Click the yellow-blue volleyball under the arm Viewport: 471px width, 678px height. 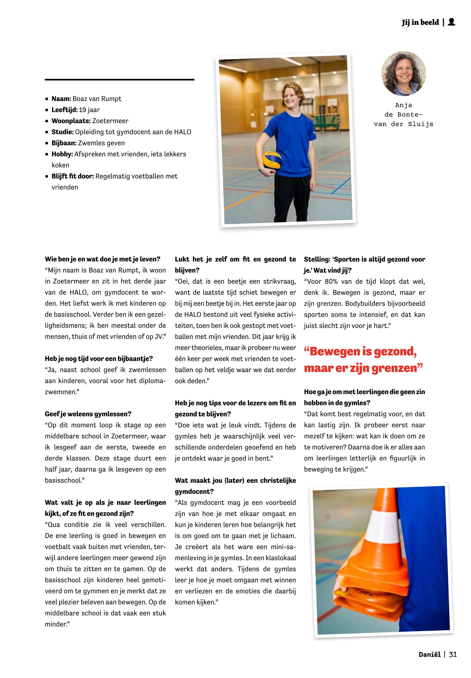[272, 160]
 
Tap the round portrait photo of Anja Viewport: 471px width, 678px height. [403, 74]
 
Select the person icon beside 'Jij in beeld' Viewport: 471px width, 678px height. [451, 22]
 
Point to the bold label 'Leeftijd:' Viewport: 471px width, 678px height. [65, 110]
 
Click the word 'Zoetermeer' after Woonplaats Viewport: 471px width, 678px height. [110, 121]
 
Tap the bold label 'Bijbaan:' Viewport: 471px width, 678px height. [64, 143]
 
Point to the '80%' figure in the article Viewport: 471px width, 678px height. [331, 281]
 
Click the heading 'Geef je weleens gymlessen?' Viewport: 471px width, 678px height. [88, 414]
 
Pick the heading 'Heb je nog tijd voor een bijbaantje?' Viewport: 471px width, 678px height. [99, 359]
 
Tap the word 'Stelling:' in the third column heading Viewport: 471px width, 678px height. [317, 259]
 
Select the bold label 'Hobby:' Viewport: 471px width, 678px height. [62, 154]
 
